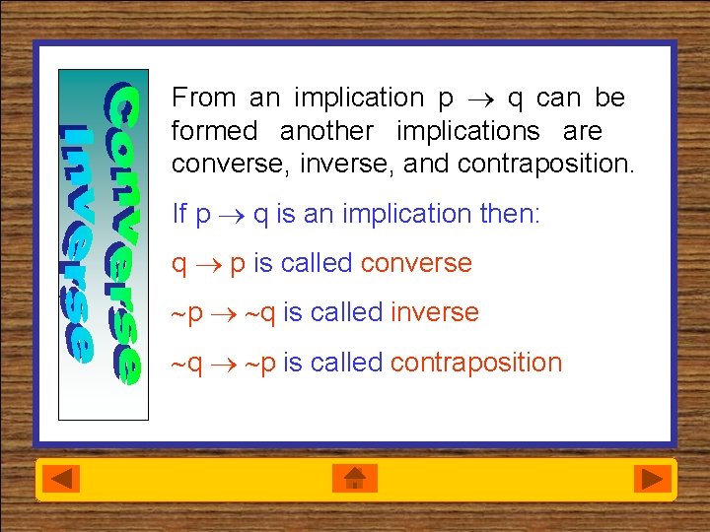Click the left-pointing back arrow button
64,479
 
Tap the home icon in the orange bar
355,479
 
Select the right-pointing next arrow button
651,479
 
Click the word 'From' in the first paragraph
204,98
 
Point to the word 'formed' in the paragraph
214,131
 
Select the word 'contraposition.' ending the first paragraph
546,164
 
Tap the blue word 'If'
178,214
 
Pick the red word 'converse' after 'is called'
416,264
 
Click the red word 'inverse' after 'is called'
434,313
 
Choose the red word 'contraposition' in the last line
476,363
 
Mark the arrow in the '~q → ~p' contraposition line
229,364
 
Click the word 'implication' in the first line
356,98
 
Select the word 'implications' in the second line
467,131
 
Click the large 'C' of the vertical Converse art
123,105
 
